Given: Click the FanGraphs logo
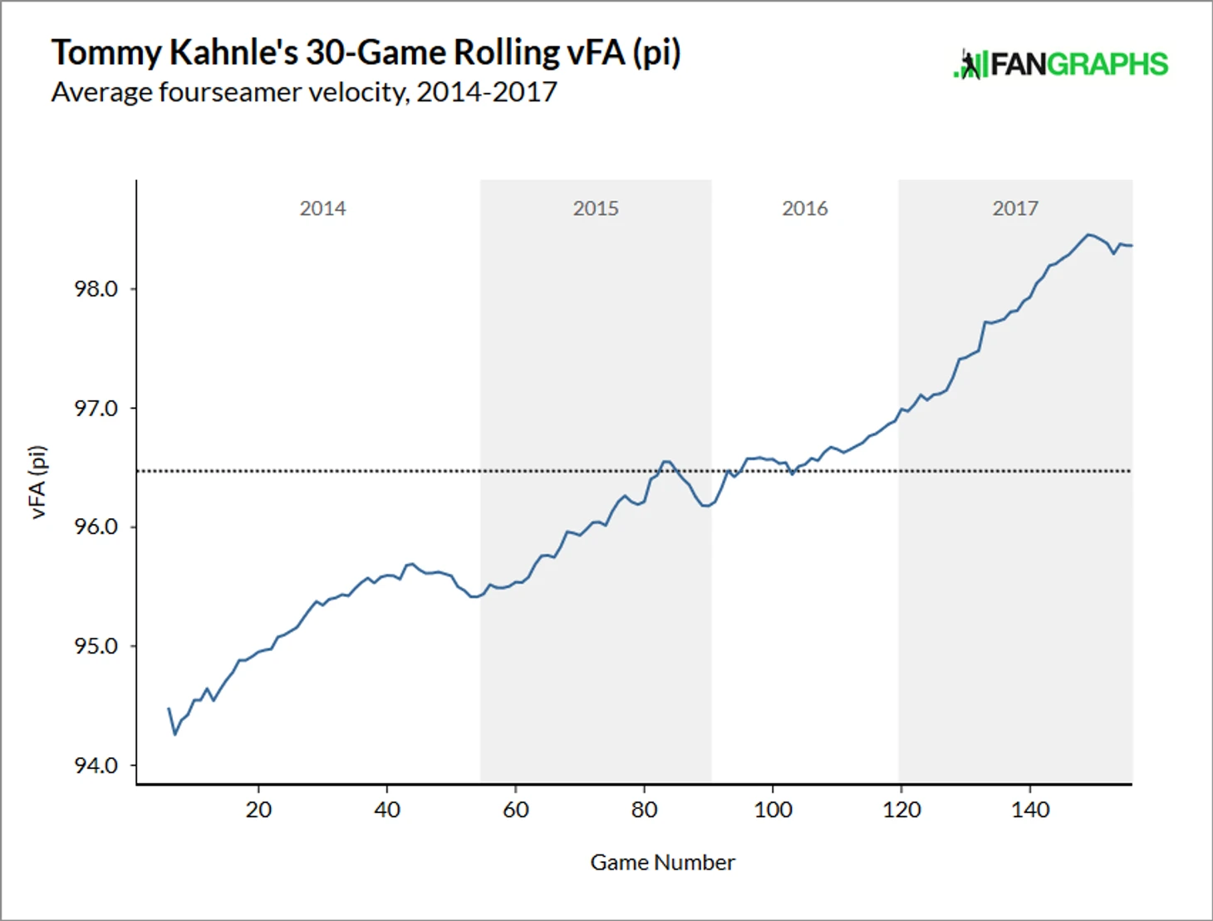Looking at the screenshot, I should [1060, 64].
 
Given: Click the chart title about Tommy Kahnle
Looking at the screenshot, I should [366, 52].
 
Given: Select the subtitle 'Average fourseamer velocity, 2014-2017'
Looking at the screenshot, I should [304, 91].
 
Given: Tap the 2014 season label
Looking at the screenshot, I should [322, 208].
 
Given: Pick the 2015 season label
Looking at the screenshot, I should [596, 208].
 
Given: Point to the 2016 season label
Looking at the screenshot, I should [804, 208].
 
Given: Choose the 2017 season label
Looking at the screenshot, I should [1015, 208].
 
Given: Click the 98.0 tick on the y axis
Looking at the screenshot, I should [96, 289].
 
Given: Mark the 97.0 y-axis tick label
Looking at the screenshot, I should [96, 409].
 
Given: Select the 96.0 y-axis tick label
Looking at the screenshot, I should [96, 527].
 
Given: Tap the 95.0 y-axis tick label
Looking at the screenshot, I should [96, 646].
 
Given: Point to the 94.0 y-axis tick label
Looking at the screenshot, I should [96, 766].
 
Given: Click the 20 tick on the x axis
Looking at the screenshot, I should [258, 810].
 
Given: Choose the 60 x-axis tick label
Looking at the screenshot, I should [516, 810].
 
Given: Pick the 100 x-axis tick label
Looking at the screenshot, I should [773, 810].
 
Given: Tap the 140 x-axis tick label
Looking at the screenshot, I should [1030, 810].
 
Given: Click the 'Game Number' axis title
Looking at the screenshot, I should [662, 863].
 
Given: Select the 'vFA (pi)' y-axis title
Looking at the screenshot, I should [38, 483].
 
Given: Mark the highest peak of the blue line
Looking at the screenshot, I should [1088, 234].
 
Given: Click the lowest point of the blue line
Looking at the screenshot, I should [174, 734].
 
